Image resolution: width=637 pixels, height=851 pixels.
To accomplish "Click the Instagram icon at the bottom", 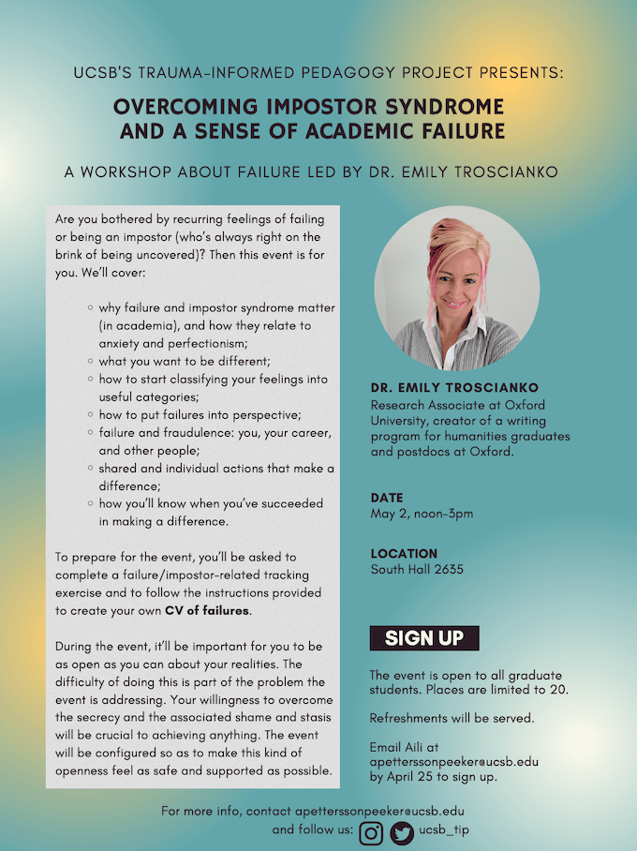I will point(372,832).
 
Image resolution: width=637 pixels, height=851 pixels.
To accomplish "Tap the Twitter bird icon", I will point(402,832).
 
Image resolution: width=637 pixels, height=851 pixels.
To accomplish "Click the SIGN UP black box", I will point(424,638).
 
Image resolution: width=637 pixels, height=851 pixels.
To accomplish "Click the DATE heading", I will point(386,498).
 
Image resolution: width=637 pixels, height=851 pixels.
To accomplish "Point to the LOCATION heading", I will point(404,553).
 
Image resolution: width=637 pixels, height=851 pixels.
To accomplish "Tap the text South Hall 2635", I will point(417,569).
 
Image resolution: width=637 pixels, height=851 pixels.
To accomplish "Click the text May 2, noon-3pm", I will point(422,514).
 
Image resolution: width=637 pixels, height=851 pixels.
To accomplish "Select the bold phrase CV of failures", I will point(207,610).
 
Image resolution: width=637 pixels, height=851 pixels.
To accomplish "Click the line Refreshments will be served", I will point(437,720).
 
